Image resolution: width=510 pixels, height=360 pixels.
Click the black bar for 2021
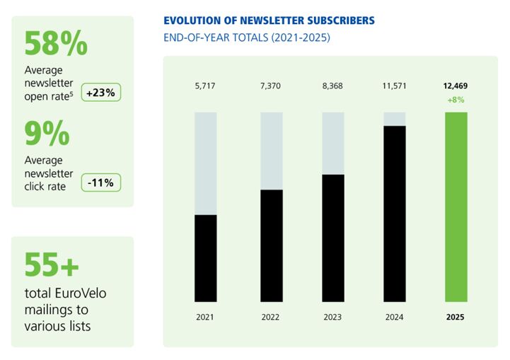coord(205,258)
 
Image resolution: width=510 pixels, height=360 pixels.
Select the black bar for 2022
coord(272,245)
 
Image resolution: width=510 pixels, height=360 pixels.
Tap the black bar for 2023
coord(333,238)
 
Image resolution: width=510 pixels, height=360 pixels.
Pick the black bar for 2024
coord(395,214)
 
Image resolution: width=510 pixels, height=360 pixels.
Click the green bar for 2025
coord(456,207)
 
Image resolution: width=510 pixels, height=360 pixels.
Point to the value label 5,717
coord(205,86)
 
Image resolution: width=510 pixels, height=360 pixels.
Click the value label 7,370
coord(272,86)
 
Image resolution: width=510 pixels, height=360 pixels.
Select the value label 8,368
coord(333,86)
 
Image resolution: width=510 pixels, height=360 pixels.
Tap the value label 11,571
coord(395,86)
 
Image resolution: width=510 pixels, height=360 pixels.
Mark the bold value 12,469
coord(456,86)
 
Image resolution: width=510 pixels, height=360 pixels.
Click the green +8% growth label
coord(456,100)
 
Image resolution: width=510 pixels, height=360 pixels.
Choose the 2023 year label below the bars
coord(333,318)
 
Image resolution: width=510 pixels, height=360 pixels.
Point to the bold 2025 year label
coord(456,318)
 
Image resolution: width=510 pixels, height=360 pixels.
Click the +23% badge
coord(102,93)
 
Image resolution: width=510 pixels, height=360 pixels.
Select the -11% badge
coord(102,182)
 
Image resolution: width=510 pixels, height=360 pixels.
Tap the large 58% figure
coord(57,44)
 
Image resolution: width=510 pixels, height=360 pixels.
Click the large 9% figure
coord(47,134)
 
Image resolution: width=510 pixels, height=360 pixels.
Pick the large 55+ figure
coord(52,265)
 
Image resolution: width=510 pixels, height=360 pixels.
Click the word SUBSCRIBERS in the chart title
coord(335,21)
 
